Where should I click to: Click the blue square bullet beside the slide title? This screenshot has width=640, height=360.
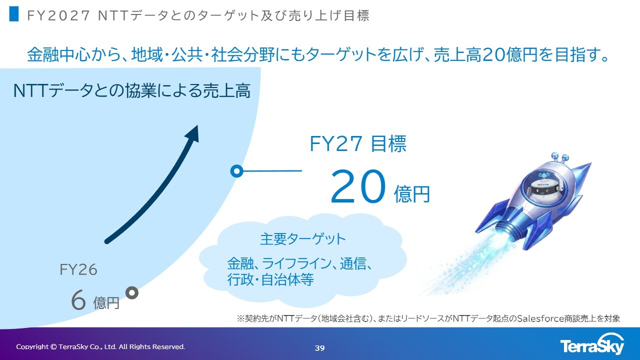pos(13,14)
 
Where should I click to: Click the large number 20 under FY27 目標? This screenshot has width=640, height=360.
pos(358,186)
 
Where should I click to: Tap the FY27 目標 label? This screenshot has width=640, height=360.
pos(358,143)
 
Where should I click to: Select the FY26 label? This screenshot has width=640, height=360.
pos(78,269)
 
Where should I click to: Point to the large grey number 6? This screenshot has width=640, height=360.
pos(78,300)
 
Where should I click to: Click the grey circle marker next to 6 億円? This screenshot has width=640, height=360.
pos(132,293)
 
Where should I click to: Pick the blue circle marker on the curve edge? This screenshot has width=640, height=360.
pos(237,171)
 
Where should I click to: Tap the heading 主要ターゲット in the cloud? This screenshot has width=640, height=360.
pos(303,239)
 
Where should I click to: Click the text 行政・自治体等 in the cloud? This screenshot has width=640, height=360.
pos(270,279)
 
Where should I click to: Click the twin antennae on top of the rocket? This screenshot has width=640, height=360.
pos(560,157)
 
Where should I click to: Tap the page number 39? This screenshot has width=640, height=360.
pos(319,348)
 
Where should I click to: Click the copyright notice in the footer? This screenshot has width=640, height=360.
pos(100,347)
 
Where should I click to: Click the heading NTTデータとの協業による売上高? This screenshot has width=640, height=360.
pos(132,91)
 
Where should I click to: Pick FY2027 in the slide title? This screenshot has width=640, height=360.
pos(58,15)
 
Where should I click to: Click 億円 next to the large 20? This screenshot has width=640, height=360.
pos(411,194)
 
